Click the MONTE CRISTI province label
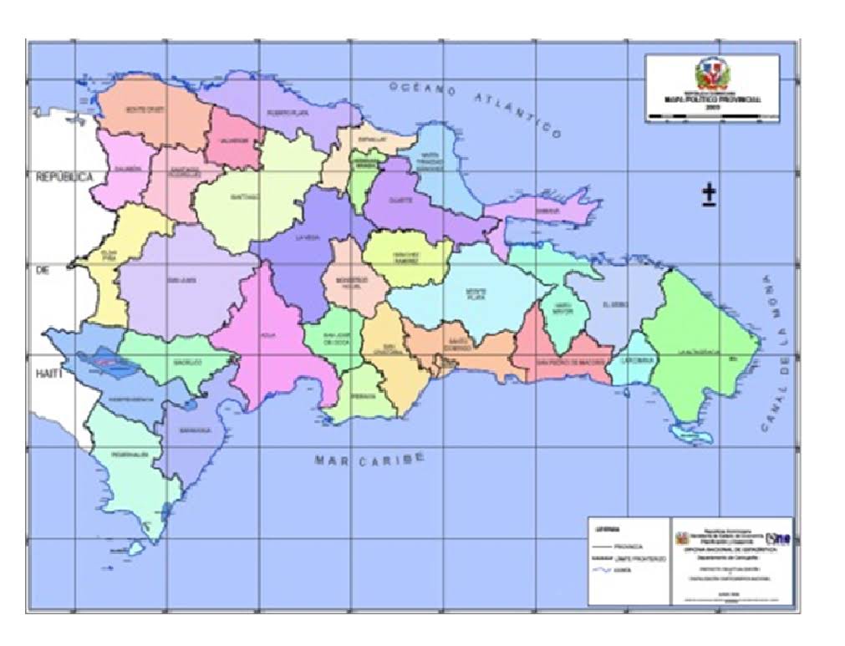coord(142,109)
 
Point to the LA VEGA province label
coord(308,237)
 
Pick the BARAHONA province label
coord(194,431)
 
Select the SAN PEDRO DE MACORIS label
coord(557,362)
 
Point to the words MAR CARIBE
coord(369,459)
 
